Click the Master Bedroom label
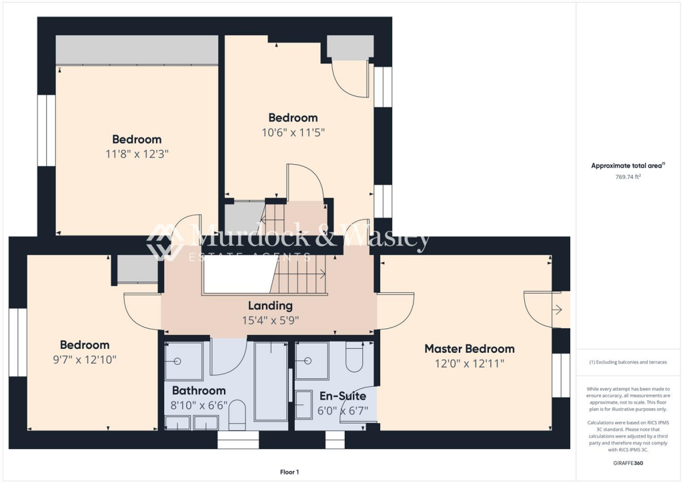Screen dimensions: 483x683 (x=470, y=348)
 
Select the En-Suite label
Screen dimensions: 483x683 (x=342, y=396)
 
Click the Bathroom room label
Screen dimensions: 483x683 (x=199, y=390)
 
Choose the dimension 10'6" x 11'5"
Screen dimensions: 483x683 (x=293, y=132)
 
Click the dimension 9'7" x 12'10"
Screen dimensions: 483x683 (x=85, y=360)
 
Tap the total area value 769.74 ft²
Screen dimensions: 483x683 (x=627, y=177)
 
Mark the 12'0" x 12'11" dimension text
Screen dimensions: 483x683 (x=470, y=364)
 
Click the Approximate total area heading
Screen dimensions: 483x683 (x=626, y=165)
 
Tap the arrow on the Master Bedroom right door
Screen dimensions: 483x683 (x=558, y=310)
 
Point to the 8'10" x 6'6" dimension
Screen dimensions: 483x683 (x=199, y=405)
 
